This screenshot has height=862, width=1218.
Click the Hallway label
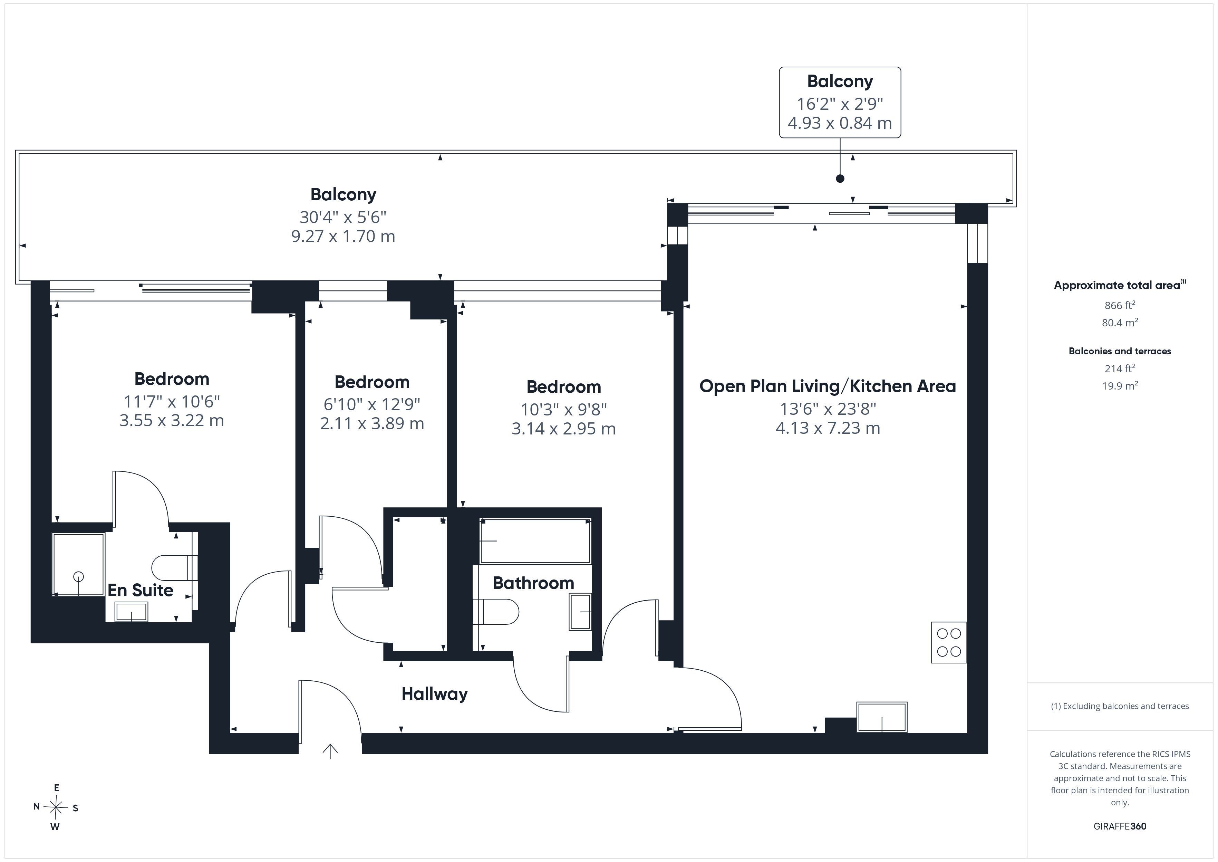(x=434, y=694)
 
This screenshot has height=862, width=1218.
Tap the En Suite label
(x=141, y=590)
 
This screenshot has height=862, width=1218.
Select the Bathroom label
(x=533, y=583)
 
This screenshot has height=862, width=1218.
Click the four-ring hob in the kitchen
(x=948, y=642)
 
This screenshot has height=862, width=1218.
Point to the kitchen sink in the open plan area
(x=882, y=717)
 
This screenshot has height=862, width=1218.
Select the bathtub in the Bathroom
(x=535, y=541)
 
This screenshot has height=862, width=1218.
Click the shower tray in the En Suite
(x=78, y=564)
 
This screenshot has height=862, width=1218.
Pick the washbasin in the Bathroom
(x=580, y=612)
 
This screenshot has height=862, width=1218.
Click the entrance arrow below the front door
(x=330, y=751)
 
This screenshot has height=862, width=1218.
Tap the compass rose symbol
(x=56, y=808)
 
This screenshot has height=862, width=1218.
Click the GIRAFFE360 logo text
(x=1120, y=826)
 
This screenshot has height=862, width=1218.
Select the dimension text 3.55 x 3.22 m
(x=171, y=420)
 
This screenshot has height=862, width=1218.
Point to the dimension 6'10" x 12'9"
(x=372, y=404)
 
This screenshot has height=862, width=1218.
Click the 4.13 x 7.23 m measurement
(x=828, y=428)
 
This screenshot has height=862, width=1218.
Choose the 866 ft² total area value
(x=1120, y=305)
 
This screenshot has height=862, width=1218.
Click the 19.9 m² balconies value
(x=1120, y=385)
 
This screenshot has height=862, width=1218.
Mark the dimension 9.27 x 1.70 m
(x=343, y=236)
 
